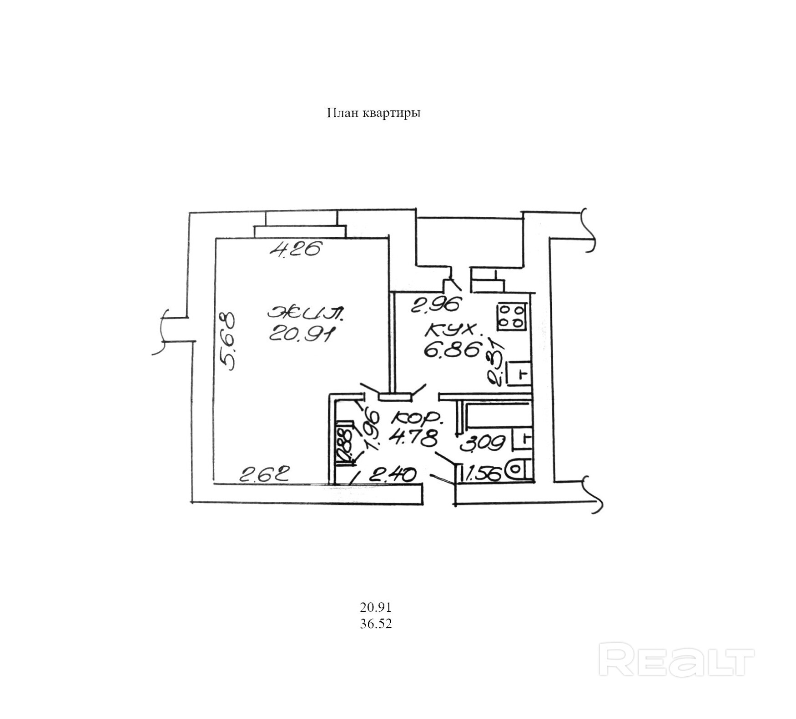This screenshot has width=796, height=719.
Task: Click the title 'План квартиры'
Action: click(x=373, y=113)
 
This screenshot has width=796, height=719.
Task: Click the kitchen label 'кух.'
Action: click(x=452, y=329)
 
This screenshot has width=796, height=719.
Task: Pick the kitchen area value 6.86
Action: click(x=452, y=350)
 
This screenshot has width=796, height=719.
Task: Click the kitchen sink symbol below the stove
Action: click(x=519, y=374)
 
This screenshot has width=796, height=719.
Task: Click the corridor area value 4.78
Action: click(x=413, y=439)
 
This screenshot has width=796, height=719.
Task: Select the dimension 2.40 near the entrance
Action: click(x=392, y=475)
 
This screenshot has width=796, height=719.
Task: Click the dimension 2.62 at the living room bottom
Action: click(x=265, y=475)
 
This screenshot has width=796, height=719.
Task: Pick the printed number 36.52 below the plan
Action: click(x=376, y=624)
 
